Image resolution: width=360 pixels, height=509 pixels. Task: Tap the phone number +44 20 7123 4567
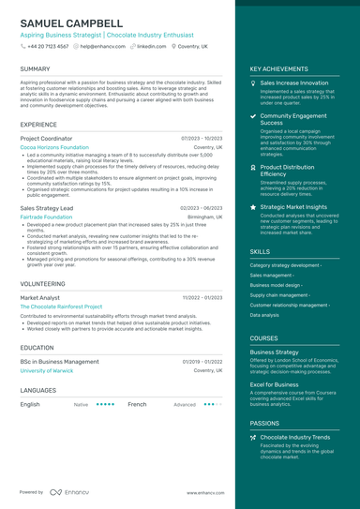coord(48,46)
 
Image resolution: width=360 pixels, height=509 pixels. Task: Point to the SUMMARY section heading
coord(36,69)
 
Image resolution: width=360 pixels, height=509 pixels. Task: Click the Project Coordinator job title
coord(46,138)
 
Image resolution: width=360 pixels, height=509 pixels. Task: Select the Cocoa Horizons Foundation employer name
coord(54,147)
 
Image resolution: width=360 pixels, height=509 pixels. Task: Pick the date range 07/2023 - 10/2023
coord(202,138)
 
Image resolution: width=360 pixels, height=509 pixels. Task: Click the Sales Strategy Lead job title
coord(47,207)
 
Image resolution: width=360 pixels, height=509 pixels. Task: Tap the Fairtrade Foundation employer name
coord(46,217)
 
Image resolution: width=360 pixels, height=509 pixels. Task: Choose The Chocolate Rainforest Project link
coord(61,307)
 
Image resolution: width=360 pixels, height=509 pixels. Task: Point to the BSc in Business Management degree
coord(59,361)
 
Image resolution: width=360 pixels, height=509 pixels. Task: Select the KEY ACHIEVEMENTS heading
coord(278,69)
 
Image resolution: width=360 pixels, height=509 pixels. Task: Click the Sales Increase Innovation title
coord(294,82)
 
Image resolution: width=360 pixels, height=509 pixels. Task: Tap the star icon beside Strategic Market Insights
coord(254,206)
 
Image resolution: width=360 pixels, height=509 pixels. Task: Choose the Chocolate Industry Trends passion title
coord(295,437)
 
